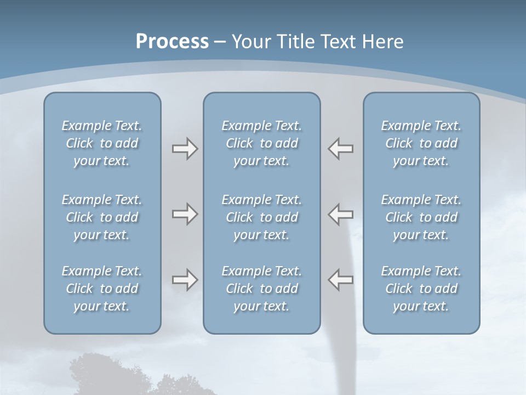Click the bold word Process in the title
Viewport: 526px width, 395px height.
point(172,42)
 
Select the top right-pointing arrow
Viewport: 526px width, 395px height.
point(185,149)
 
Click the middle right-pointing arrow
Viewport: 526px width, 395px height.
point(185,214)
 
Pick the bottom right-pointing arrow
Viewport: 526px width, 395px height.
point(185,280)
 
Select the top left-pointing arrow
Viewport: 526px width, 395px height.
point(341,149)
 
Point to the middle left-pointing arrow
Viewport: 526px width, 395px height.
point(341,214)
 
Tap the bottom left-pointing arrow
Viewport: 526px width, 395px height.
point(341,280)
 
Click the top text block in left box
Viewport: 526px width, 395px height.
point(102,143)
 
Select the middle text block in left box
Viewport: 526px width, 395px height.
point(102,217)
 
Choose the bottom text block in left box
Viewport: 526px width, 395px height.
point(102,289)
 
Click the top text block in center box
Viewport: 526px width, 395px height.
point(261,143)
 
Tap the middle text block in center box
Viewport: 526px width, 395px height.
point(261,217)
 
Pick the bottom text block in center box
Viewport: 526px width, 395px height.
point(261,289)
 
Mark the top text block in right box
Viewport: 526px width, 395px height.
point(421,143)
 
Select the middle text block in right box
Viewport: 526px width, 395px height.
point(421,217)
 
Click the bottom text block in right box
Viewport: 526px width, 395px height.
point(421,289)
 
